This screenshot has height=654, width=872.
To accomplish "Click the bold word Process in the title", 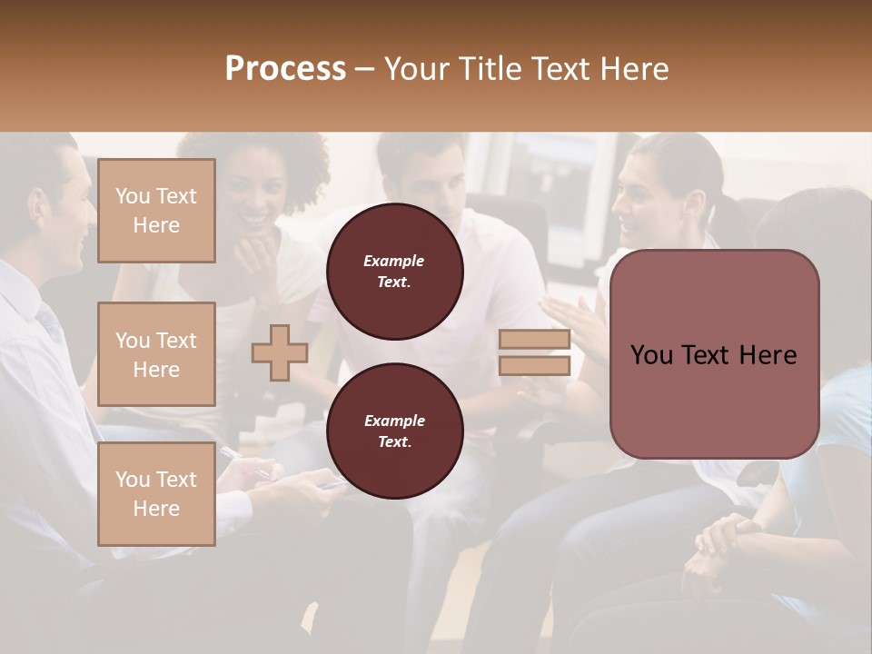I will click(x=285, y=68).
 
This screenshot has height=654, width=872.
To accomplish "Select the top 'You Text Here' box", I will click(x=156, y=211).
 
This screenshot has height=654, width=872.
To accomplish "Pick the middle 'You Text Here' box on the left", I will click(x=156, y=354).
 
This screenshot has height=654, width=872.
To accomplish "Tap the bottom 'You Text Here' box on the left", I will click(x=156, y=494).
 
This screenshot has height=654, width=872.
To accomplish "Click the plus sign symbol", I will click(x=280, y=352).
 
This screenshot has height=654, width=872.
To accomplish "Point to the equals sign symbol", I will click(x=534, y=352).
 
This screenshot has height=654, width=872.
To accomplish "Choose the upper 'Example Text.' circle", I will click(x=394, y=272).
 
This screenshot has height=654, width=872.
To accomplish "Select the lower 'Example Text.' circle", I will click(x=394, y=431).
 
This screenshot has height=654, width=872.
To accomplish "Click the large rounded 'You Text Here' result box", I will click(x=714, y=354).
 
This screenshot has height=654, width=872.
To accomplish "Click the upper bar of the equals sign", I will click(x=534, y=340).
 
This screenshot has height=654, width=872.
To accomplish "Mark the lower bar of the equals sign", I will click(x=534, y=366).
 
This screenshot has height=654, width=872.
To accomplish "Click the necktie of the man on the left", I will click(x=50, y=322).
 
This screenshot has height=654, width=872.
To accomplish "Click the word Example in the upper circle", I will click(x=394, y=261).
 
